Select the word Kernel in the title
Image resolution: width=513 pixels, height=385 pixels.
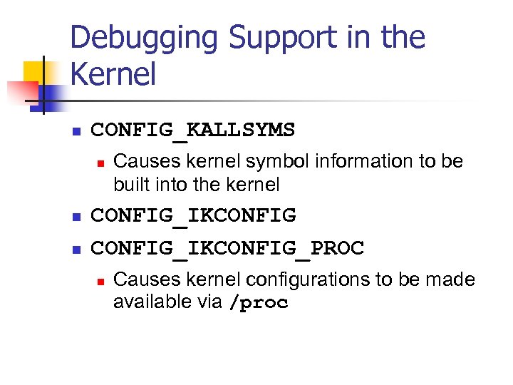[x=113, y=74]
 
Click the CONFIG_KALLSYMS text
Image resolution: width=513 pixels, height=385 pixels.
[x=192, y=130]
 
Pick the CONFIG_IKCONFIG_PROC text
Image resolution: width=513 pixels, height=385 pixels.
[x=227, y=248]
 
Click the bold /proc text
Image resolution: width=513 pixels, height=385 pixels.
[x=259, y=303]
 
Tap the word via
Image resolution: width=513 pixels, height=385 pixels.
[x=209, y=302]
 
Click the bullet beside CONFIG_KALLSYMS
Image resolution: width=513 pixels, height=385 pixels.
[x=77, y=131]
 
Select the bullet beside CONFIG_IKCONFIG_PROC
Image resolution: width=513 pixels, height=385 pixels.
[x=77, y=250]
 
